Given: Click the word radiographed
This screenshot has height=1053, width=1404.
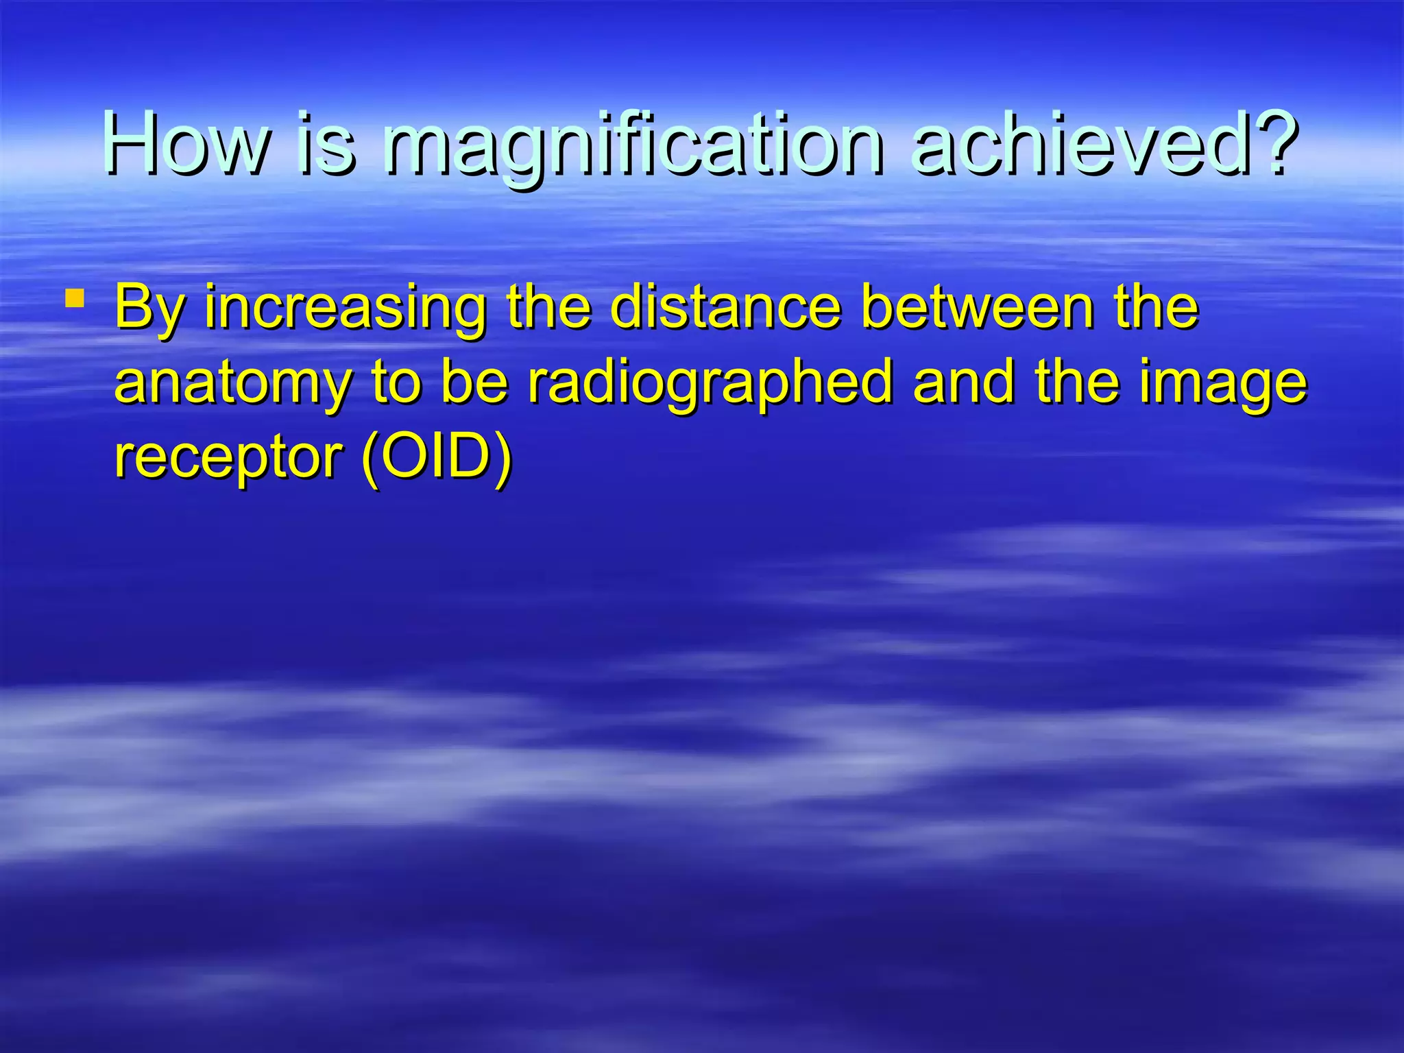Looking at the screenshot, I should (x=710, y=384).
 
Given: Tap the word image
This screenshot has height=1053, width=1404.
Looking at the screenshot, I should (x=1223, y=384).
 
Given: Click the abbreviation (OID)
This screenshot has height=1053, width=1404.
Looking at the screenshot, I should (x=437, y=457).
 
